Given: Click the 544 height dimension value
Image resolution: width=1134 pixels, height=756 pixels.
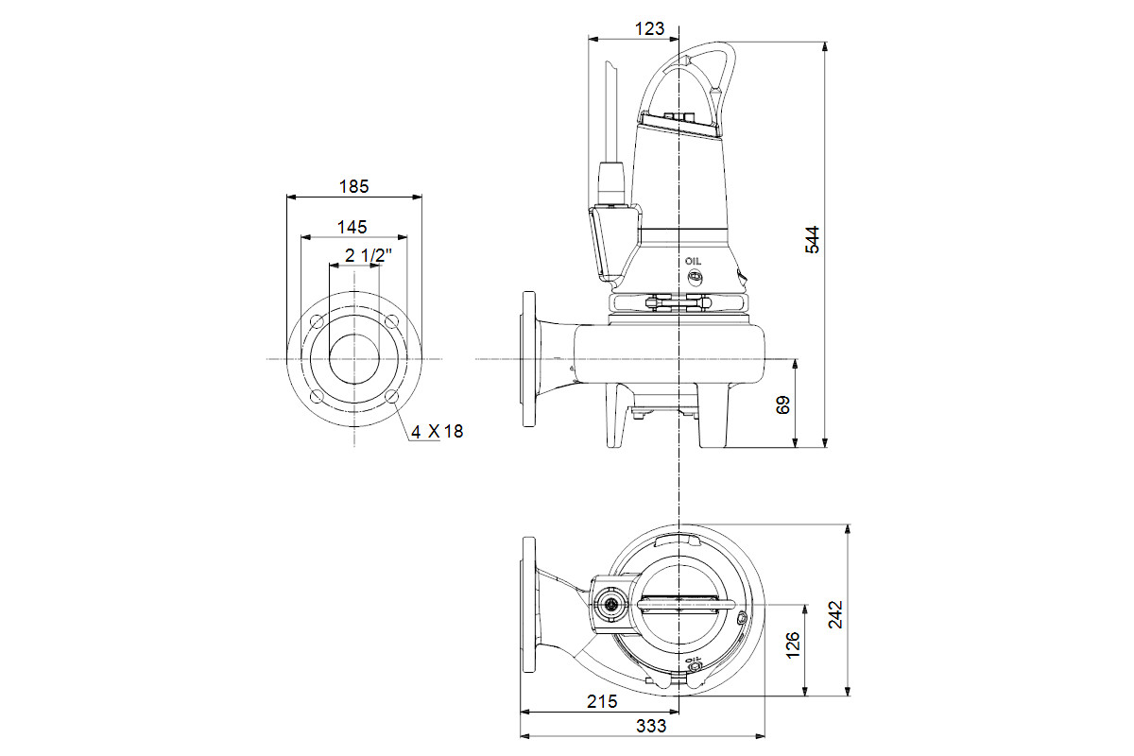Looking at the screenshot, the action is pos(812,239).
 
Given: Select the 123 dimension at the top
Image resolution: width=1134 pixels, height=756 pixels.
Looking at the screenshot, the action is pos(649,28).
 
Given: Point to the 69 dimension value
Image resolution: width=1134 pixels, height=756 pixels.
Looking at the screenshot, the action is pos(782,405).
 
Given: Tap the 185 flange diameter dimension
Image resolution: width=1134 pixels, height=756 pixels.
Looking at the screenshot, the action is pos(353,186).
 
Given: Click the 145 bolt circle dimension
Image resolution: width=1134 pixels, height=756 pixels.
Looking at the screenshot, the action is pos(352,227).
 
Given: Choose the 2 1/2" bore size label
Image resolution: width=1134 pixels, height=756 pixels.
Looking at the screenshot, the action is pos(369,255).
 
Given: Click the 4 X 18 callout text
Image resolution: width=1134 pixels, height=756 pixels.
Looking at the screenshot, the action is pos(437,432).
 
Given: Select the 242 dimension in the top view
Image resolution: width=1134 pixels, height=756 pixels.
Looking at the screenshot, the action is pos(835,614).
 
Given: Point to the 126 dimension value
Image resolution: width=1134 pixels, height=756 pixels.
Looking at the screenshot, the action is pos(793,645).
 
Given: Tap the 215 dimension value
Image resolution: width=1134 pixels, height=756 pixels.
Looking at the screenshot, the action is pos(602,701).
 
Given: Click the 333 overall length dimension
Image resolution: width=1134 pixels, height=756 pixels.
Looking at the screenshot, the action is pos(651,726).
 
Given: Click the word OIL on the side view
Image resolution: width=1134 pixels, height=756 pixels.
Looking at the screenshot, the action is pos(693,261).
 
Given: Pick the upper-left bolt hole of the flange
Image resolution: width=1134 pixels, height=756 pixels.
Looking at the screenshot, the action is pos(317,321).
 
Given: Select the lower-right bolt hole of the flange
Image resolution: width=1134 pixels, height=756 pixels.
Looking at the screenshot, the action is pos(392,397).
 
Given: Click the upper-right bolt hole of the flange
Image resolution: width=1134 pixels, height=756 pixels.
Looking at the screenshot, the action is pos(392,321).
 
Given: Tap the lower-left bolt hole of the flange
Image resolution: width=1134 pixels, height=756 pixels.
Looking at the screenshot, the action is pos(317,397).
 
